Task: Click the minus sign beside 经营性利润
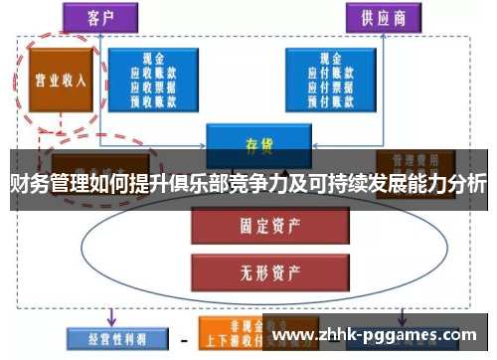(182, 339)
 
